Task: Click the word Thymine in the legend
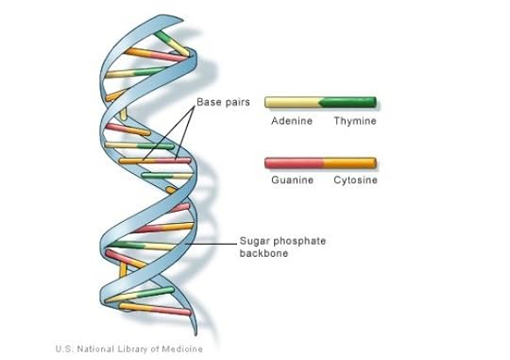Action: [x=354, y=121]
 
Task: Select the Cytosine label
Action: [x=354, y=180]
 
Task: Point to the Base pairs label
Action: [x=223, y=102]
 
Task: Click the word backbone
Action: [x=263, y=254]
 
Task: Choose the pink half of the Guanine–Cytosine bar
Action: [x=293, y=163]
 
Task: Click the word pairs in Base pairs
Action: [x=237, y=102]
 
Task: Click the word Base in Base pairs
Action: [x=209, y=102]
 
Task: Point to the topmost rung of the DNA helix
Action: [x=171, y=38]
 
